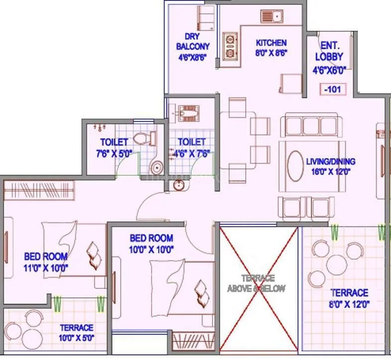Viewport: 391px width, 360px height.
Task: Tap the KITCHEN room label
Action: [x=271, y=43]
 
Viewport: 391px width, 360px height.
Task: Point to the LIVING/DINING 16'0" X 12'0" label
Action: [x=330, y=166]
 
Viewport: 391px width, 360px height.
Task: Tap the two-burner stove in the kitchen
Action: [x=230, y=46]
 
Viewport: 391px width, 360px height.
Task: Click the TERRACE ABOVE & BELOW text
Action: [x=257, y=283]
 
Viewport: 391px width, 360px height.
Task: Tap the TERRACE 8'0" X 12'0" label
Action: [x=350, y=298]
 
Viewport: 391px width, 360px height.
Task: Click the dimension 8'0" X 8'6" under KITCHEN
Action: [x=272, y=52]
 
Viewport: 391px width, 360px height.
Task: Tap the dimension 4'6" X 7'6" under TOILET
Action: [x=191, y=153]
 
